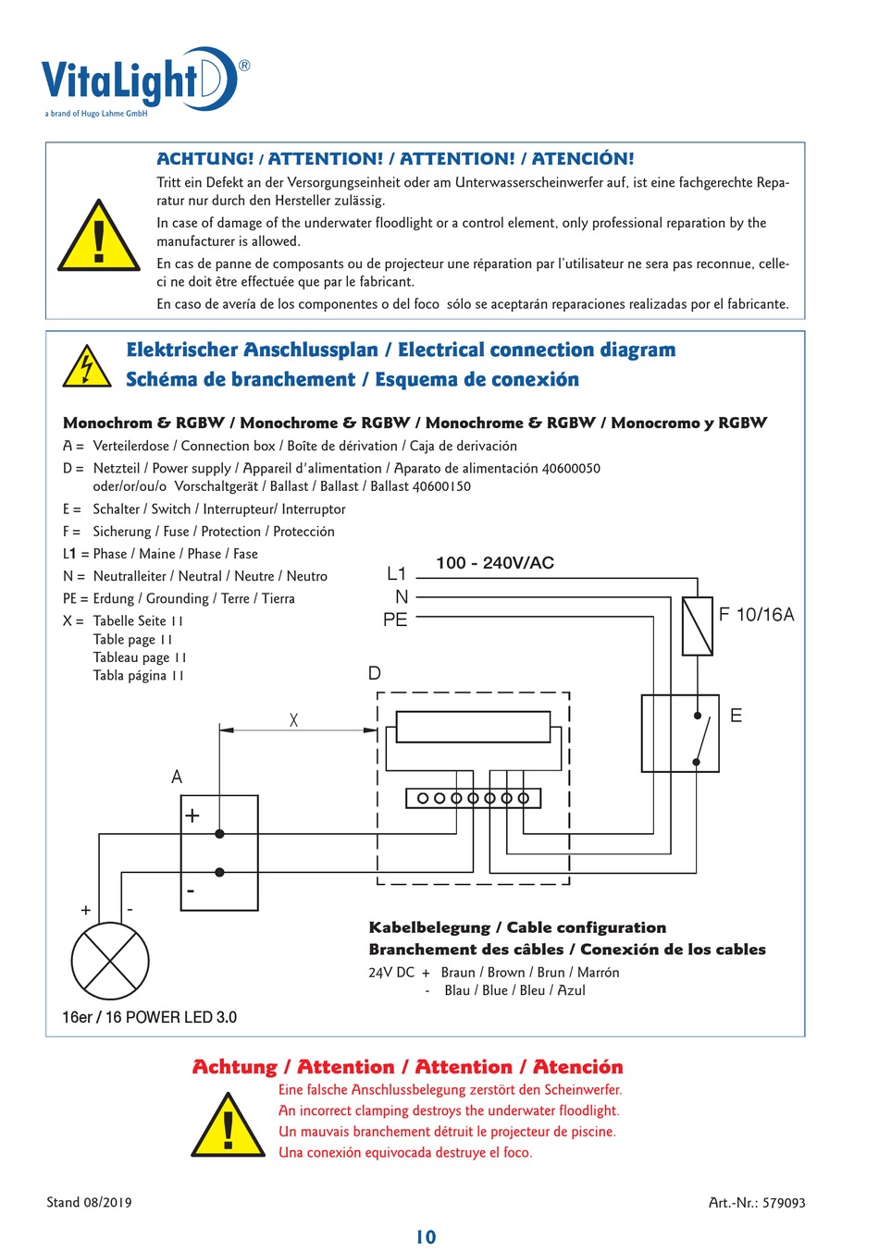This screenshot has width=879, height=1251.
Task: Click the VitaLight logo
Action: (x=139, y=81)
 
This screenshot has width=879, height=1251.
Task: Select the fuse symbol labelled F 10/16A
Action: (x=697, y=626)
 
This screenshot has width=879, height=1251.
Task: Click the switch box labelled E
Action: (x=680, y=733)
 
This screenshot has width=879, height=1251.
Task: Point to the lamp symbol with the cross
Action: (x=110, y=961)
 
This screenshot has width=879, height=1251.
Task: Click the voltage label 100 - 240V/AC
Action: (x=495, y=563)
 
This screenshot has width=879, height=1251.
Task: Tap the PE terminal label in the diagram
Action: (x=395, y=619)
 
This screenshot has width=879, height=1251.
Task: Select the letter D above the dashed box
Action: (x=375, y=673)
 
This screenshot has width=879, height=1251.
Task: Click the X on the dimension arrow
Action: (x=293, y=719)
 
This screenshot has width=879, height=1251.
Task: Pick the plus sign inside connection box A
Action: (x=192, y=816)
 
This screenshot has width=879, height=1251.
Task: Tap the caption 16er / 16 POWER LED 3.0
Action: (x=149, y=1017)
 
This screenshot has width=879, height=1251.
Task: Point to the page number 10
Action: (x=426, y=1237)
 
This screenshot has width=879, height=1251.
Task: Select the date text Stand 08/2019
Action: (x=89, y=1203)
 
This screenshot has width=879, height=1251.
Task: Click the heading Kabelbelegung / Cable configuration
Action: (x=517, y=927)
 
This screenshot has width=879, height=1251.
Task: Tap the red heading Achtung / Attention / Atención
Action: (x=407, y=1067)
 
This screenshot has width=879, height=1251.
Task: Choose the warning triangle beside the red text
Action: (x=229, y=1125)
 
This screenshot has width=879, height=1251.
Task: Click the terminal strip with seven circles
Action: (x=473, y=798)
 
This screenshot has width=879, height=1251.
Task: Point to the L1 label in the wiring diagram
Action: (x=396, y=574)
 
